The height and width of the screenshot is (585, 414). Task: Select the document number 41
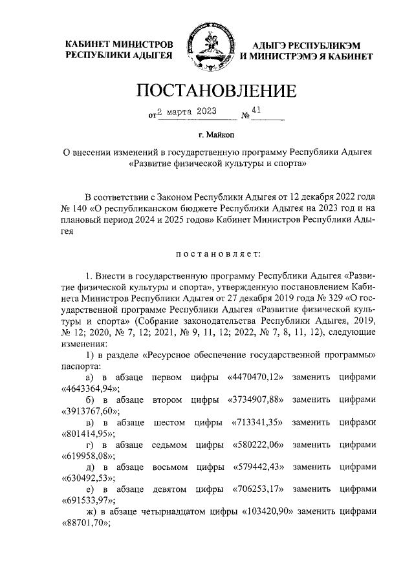(256, 111)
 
